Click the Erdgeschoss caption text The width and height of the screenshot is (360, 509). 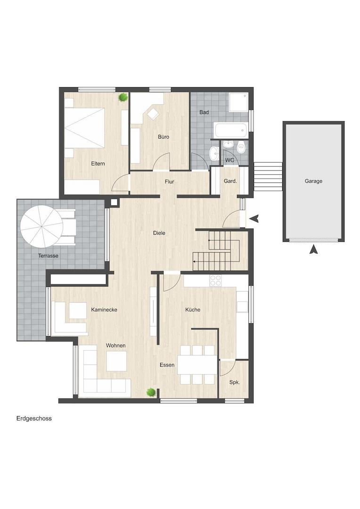click(34, 419)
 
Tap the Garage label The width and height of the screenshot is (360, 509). click(313, 181)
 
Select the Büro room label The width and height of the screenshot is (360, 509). click(164, 137)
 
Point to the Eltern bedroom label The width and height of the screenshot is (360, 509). click(98, 164)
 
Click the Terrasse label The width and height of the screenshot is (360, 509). click(49, 256)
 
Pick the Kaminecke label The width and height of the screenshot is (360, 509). click(104, 310)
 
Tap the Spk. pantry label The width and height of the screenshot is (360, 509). click(234, 382)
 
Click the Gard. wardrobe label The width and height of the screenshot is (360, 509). click(230, 181)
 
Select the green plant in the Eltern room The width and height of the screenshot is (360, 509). click(123, 97)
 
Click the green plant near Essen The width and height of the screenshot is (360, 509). click(150, 392)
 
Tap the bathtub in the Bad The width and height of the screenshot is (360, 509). click(230, 130)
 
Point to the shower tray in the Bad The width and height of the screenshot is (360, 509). click(238, 102)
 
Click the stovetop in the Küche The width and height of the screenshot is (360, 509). click(215, 280)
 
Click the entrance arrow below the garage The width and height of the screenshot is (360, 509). click(313, 250)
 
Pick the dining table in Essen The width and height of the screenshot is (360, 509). click(197, 365)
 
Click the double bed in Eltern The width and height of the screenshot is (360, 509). click(84, 128)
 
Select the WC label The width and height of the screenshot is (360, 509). click(229, 160)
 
